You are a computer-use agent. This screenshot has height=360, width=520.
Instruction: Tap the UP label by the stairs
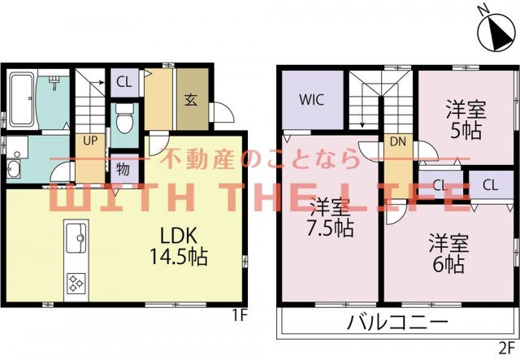pyautogui.click(x=89, y=140)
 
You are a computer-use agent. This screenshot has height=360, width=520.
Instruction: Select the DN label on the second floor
pyautogui.click(x=398, y=141)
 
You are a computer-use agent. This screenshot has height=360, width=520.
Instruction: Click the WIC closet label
pyautogui.click(x=311, y=101)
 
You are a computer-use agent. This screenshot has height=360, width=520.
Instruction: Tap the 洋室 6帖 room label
pyautogui.click(x=446, y=252)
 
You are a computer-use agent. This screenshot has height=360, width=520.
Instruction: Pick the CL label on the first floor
pyautogui.click(x=123, y=80)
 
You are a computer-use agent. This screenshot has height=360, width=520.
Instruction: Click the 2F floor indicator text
pyautogui.click(x=507, y=350)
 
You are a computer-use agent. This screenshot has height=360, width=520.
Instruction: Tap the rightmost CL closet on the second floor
pyautogui.click(x=489, y=185)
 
